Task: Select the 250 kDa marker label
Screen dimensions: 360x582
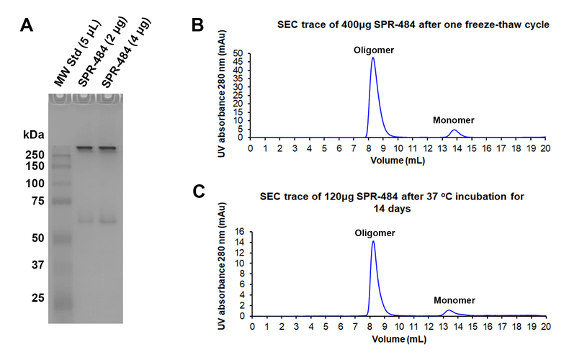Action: point(35,154)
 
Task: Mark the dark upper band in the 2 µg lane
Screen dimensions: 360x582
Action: point(84,148)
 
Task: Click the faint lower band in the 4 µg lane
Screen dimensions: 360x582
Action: point(108,220)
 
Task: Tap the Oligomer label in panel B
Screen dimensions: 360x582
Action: point(373,50)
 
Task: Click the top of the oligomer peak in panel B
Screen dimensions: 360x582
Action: point(373,58)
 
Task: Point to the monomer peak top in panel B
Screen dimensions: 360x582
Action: point(454,130)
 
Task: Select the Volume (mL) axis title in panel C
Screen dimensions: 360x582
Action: point(397,336)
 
